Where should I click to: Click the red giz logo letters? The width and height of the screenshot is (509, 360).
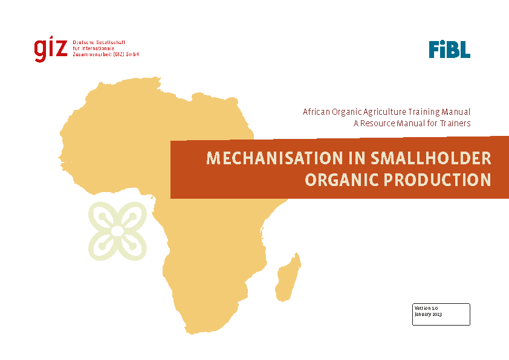coord(51,50)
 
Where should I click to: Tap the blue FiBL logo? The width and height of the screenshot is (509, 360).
coord(450,50)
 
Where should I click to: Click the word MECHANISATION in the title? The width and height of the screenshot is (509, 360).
coord(274,159)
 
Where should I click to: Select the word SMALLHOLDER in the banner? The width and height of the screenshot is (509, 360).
coord(431,159)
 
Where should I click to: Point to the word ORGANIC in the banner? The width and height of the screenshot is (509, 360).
coord(342,180)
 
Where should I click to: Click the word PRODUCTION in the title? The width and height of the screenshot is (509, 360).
coord(438,180)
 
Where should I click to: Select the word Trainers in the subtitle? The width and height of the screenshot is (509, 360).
coord(455,123)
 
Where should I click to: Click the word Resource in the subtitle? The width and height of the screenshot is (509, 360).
coord(378,123)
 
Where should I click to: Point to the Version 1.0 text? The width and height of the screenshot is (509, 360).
coord(426,308)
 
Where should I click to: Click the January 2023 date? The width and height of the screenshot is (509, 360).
coord(428,314)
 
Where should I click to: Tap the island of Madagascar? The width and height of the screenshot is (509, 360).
coord(288,277)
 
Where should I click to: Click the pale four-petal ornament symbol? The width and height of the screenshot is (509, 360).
coord(117,231)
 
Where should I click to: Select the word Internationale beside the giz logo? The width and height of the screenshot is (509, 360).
coord(98,48)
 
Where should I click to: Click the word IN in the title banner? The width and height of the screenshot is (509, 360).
coord(357,159)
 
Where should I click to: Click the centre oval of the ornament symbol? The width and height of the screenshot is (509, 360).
coord(117,231)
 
